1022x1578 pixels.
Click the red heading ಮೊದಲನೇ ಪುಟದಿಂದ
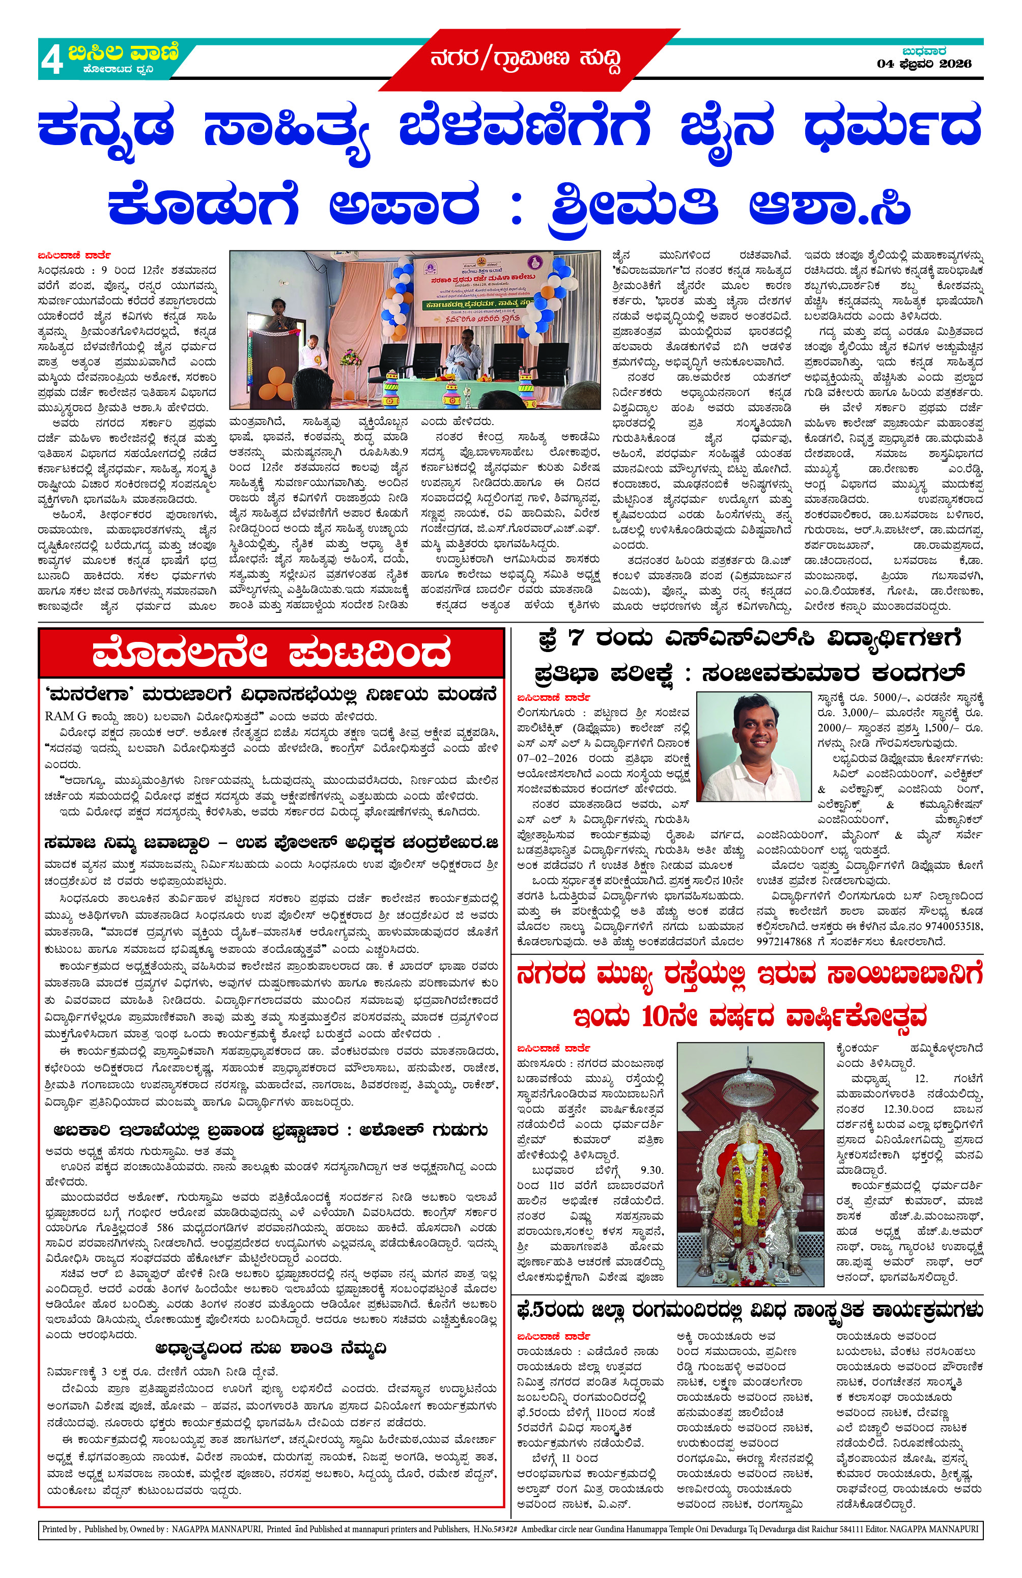[271, 653]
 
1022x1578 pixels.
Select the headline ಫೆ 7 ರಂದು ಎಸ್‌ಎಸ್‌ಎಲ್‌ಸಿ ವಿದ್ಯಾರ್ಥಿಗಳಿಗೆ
[748, 638]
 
